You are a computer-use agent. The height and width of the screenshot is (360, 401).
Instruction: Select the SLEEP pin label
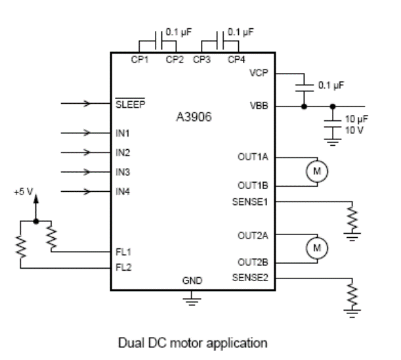[x=130, y=103]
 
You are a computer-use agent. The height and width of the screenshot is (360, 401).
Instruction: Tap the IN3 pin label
[x=122, y=172]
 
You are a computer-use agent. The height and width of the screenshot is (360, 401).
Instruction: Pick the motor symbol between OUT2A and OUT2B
[x=318, y=247]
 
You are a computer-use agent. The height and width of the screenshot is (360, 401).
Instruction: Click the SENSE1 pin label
[x=251, y=202]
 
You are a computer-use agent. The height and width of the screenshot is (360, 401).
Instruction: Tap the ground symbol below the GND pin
[x=192, y=301]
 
